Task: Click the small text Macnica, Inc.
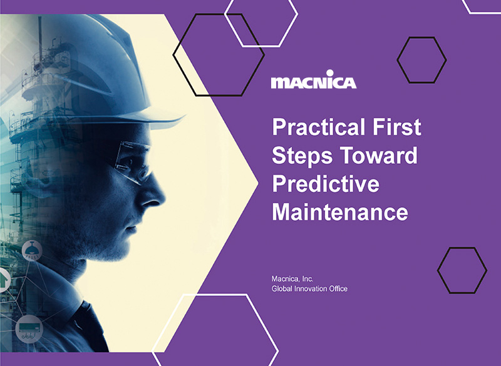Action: point(292,279)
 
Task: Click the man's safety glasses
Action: point(133,162)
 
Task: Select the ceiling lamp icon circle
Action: point(32,250)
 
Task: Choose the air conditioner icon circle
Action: point(29,328)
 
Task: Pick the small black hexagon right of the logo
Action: point(421,60)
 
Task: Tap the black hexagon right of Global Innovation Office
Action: point(462,270)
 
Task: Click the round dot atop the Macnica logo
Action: point(330,73)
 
